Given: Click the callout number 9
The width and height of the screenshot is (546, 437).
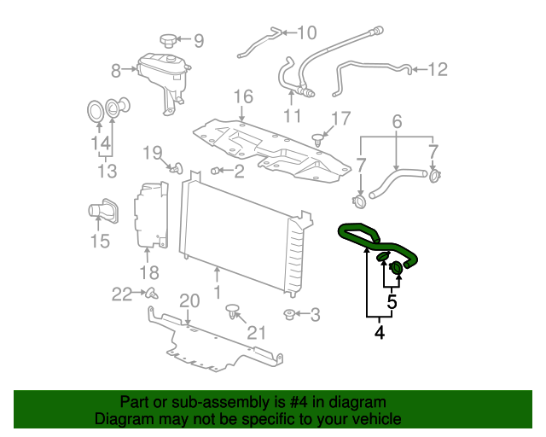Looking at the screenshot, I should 199,40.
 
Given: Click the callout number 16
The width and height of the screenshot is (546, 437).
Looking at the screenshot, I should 243,96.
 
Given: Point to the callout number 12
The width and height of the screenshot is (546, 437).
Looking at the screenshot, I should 437,70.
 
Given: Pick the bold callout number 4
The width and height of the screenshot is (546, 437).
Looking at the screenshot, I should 379,332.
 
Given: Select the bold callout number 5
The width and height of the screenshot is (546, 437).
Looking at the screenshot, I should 392,301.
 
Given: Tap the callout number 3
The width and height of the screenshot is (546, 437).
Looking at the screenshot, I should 315,316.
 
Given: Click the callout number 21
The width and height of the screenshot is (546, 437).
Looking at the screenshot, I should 257,333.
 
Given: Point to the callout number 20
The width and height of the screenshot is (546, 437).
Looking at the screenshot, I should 189,300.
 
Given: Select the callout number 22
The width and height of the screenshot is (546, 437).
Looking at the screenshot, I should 122,294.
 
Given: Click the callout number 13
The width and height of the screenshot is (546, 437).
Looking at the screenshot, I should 106,172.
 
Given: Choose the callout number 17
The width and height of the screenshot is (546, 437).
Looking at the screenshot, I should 340,119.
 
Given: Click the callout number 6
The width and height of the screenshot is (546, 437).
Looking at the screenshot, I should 397,123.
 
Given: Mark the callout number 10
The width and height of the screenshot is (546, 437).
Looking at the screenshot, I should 305,33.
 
